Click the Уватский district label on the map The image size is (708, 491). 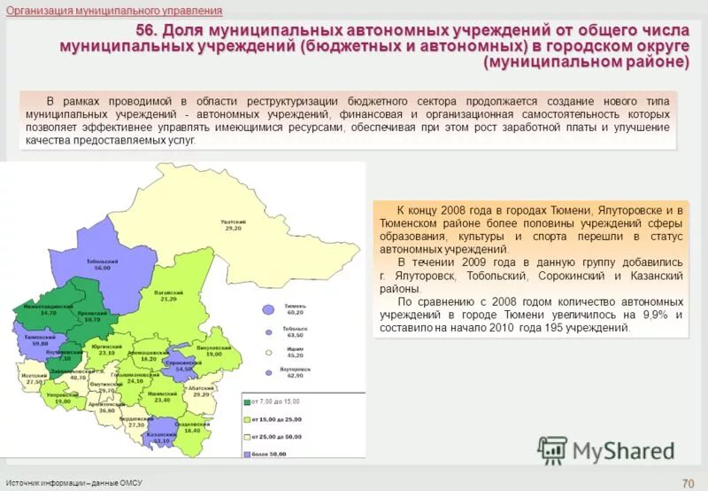(x=234, y=225)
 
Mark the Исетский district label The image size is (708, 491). (x=36, y=377)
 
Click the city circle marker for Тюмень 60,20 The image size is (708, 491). (x=269, y=310)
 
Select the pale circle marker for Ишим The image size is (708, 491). (x=269, y=352)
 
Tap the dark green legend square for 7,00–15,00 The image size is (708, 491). (x=248, y=401)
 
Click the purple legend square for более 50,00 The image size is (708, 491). (x=248, y=454)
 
